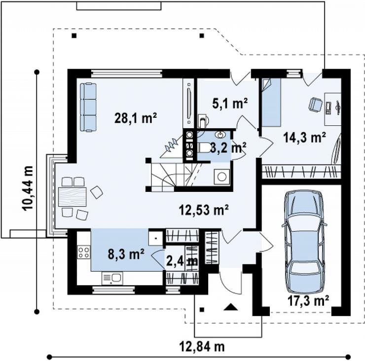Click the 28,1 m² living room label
[136, 118]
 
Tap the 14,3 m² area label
[304, 137]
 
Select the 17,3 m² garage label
[308, 301]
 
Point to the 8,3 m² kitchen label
[126, 254]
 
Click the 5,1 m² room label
[230, 103]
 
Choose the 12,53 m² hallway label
[204, 210]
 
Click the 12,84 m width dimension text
[202, 347]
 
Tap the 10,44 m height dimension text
[28, 188]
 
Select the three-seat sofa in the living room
[88, 108]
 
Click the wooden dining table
[73, 197]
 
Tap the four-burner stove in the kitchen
[84, 253]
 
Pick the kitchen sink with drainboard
[112, 278]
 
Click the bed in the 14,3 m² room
[271, 103]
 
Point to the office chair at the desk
[315, 104]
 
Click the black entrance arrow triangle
[231, 307]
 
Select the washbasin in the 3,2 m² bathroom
[220, 135]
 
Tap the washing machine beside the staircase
[222, 177]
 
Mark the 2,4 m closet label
[182, 261]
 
